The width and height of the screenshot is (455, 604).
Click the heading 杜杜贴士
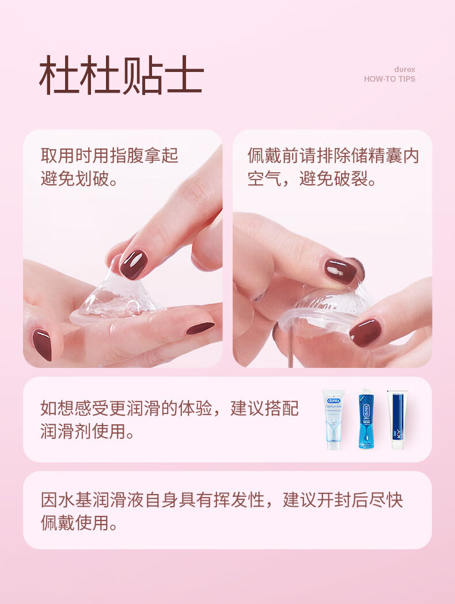point(122,75)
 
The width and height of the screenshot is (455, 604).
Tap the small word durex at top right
point(404,69)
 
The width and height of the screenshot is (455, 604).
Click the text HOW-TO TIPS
point(389,79)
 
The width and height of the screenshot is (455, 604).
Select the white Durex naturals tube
point(333,419)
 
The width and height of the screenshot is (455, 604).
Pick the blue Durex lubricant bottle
point(366,419)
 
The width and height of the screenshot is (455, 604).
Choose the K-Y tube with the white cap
point(397,420)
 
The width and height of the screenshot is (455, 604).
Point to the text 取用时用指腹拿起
point(109,155)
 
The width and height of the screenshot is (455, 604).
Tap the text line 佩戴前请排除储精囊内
point(333,155)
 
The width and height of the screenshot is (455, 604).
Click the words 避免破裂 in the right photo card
point(333,178)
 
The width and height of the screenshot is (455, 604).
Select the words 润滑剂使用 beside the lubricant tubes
point(83,431)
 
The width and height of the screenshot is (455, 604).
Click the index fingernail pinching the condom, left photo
point(133,264)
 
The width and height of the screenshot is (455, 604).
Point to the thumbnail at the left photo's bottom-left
point(41,344)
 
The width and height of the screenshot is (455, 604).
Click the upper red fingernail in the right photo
point(340,271)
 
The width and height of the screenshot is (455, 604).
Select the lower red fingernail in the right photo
point(365,332)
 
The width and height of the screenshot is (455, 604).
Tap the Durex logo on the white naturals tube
point(333,401)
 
